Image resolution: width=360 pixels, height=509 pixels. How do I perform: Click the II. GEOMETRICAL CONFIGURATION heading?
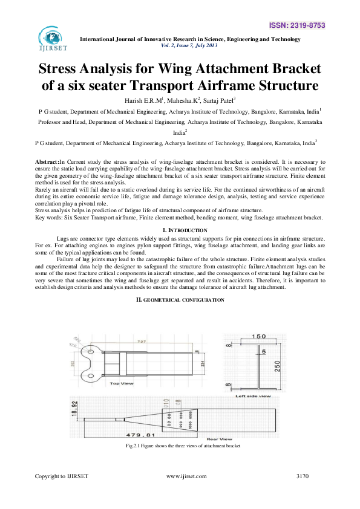point(180,300)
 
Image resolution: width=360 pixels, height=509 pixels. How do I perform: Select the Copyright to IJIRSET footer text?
point(62,476)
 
